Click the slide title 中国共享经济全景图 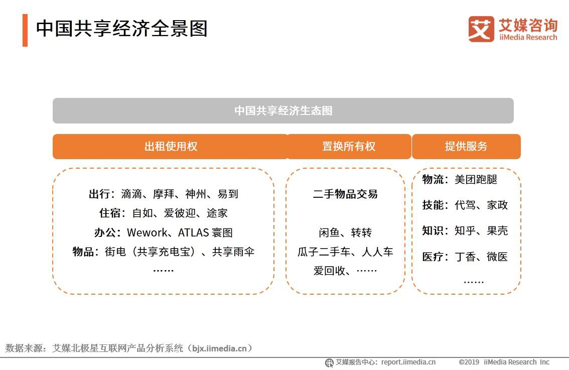click(121, 29)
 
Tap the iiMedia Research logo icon click(481, 29)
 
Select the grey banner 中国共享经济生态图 click(283, 110)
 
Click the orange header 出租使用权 click(171, 147)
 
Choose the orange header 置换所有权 click(349, 147)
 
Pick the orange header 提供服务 click(466, 147)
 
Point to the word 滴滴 click(131, 194)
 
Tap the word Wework click(146, 232)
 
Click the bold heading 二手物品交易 click(345, 194)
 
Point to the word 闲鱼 click(329, 233)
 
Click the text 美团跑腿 click(476, 180)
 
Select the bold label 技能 click(433, 205)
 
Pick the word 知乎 click(465, 231)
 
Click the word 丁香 click(465, 257)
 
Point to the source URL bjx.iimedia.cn click(219, 348)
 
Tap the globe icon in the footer click(329, 362)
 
